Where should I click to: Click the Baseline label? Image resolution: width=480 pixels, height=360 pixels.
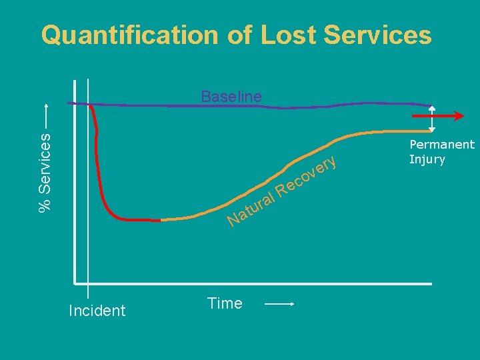(x=231, y=96)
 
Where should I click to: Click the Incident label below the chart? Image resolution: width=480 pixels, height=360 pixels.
(x=97, y=311)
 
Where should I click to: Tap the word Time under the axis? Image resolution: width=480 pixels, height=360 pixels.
(x=225, y=304)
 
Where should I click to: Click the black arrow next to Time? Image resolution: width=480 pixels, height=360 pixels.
(x=280, y=305)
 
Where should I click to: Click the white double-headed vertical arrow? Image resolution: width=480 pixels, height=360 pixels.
(x=432, y=119)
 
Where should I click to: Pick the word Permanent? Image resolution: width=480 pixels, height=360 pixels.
(x=442, y=145)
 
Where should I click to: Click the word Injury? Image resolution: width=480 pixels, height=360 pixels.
(x=427, y=159)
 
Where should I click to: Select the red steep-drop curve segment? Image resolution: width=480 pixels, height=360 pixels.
(x=100, y=173)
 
